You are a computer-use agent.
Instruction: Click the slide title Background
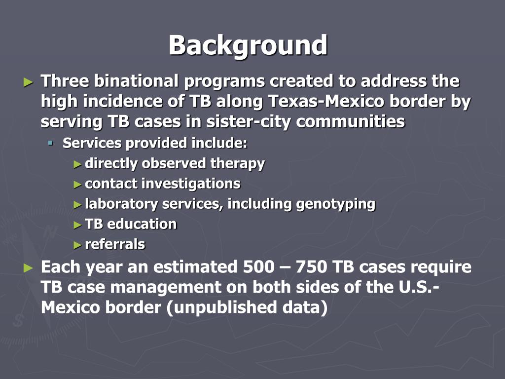point(248,45)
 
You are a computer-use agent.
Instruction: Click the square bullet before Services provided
point(50,143)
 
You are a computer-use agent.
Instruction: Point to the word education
point(142,224)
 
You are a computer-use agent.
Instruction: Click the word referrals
point(115,244)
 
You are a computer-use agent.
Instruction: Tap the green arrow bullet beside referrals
point(77,244)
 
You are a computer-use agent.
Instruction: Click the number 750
point(309,267)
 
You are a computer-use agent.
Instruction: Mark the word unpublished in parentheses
point(220,307)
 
